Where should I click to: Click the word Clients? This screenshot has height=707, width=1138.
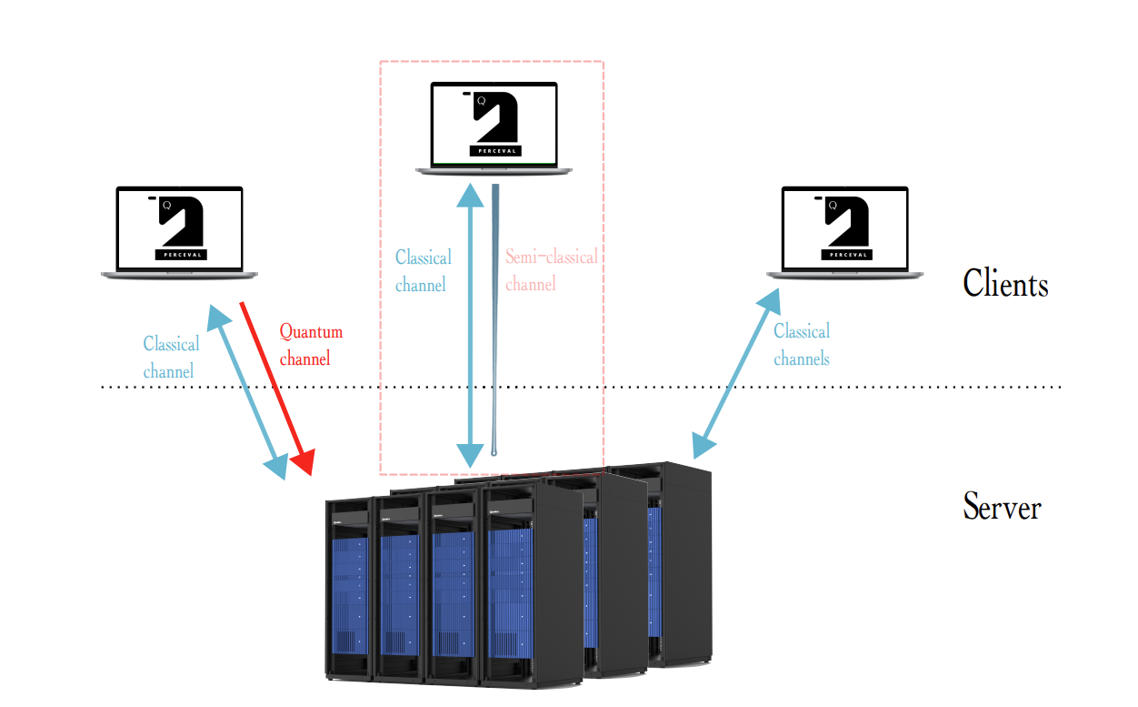coord(1005,284)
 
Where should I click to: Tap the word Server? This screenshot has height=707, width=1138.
coord(1002,506)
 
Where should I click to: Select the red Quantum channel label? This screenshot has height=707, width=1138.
coord(310,345)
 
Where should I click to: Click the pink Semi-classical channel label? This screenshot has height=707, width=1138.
coord(551,270)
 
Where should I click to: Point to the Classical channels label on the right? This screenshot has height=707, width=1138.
coord(801,345)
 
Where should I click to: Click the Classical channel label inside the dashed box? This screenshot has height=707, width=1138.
coord(423,270)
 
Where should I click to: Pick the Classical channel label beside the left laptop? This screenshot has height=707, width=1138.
coord(171,358)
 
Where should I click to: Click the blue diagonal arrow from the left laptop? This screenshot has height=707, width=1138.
coord(247,391)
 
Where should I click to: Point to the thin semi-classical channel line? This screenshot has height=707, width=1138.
coord(495,318)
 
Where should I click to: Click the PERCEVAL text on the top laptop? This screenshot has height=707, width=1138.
coord(495,150)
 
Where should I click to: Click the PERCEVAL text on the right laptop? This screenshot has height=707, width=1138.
coord(846,255)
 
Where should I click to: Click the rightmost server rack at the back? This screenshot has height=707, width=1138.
coord(682,564)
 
